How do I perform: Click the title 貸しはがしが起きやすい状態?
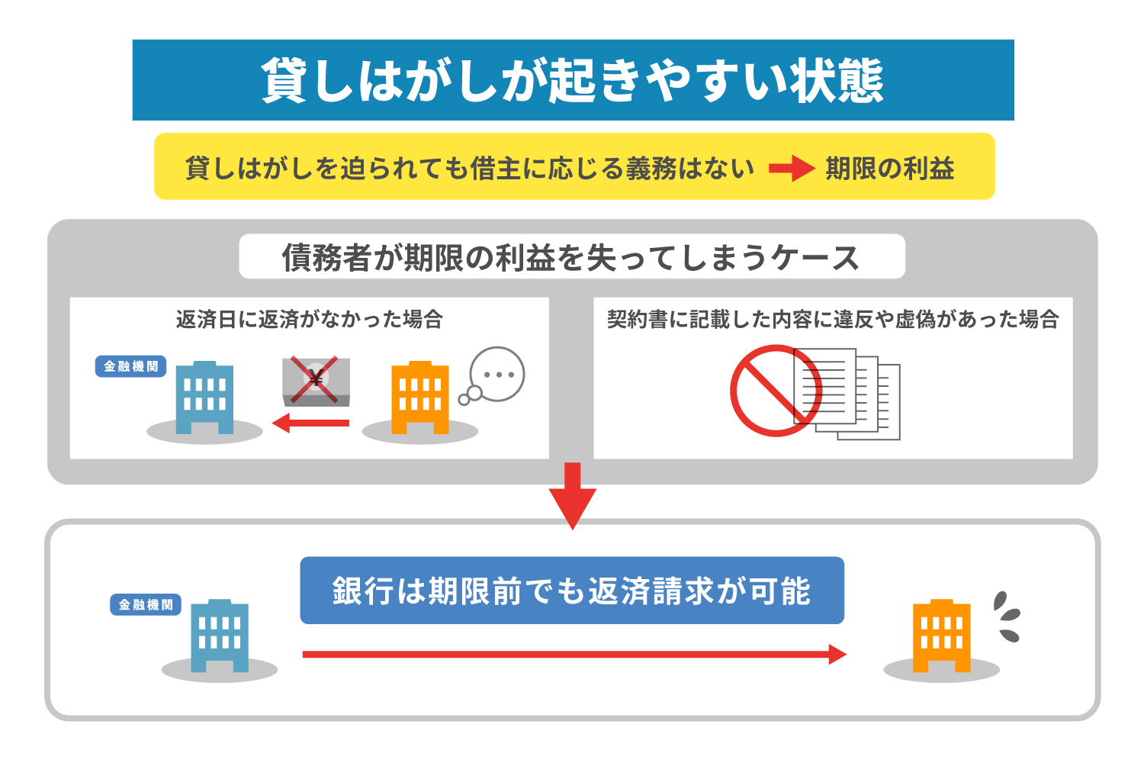[x=573, y=80]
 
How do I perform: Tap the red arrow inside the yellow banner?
[x=791, y=168]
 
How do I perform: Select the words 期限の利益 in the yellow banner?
[x=889, y=168]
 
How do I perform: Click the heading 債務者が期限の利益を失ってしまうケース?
[x=571, y=257]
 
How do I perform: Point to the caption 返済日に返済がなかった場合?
[x=309, y=319]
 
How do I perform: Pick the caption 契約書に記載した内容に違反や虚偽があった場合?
[x=833, y=319]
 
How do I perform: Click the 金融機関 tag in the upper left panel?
[x=130, y=366]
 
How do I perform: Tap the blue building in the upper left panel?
[x=204, y=398]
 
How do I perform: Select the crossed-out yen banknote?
[x=316, y=381]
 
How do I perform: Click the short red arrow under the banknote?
[x=311, y=423]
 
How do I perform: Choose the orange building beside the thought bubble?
[x=419, y=398]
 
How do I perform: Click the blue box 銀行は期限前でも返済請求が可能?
[x=572, y=591]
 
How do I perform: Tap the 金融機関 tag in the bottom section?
[x=145, y=604]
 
